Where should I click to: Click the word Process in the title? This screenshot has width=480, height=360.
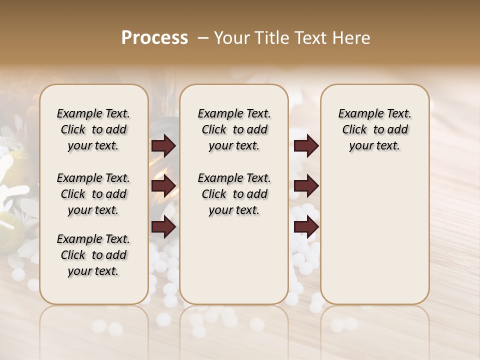tap(154, 37)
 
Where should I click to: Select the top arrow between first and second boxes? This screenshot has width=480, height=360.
tap(163, 146)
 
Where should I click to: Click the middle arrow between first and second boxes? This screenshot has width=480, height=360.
tap(163, 186)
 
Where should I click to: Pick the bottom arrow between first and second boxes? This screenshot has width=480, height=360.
tap(163, 227)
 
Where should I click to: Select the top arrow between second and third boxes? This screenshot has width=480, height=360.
tap(306, 146)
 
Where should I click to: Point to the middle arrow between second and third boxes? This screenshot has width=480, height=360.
tap(306, 186)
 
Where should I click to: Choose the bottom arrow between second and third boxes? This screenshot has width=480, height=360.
tap(306, 227)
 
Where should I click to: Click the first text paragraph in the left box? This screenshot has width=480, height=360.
tap(93, 129)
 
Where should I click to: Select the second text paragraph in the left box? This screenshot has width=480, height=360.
tap(93, 194)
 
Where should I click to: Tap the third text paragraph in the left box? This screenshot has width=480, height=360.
tap(93, 255)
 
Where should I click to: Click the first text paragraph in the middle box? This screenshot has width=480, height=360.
tap(234, 129)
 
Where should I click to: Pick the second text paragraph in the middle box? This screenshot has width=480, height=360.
tap(234, 194)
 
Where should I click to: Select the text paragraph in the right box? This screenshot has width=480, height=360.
tap(374, 129)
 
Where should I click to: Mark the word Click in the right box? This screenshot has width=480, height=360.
tap(354, 129)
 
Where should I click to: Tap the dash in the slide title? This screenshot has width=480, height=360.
tap(203, 37)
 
